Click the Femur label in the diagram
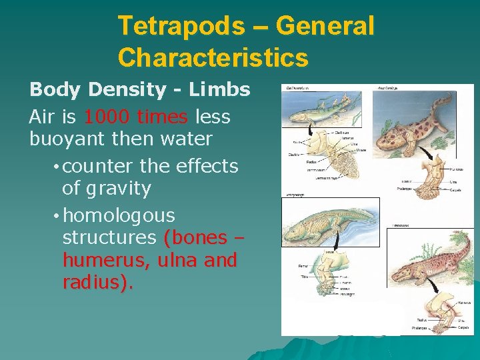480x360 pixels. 303,266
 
